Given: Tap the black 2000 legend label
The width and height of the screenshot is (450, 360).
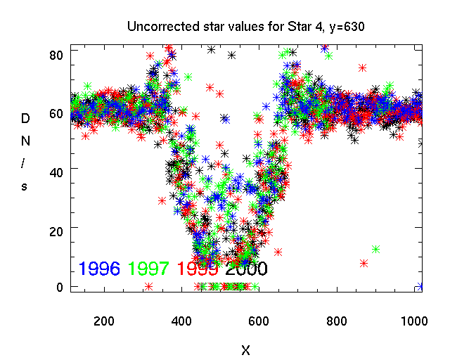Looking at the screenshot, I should click(x=246, y=268).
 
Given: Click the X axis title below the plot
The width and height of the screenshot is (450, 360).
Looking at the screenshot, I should click(x=245, y=349).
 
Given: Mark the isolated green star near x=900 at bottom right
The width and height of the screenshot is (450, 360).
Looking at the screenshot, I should click(x=375, y=249).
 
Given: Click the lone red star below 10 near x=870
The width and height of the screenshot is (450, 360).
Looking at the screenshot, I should click(x=364, y=263).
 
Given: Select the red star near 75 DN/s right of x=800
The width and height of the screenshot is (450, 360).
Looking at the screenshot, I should click(x=362, y=68).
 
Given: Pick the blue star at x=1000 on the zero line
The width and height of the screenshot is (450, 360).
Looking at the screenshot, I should click(x=420, y=286).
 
